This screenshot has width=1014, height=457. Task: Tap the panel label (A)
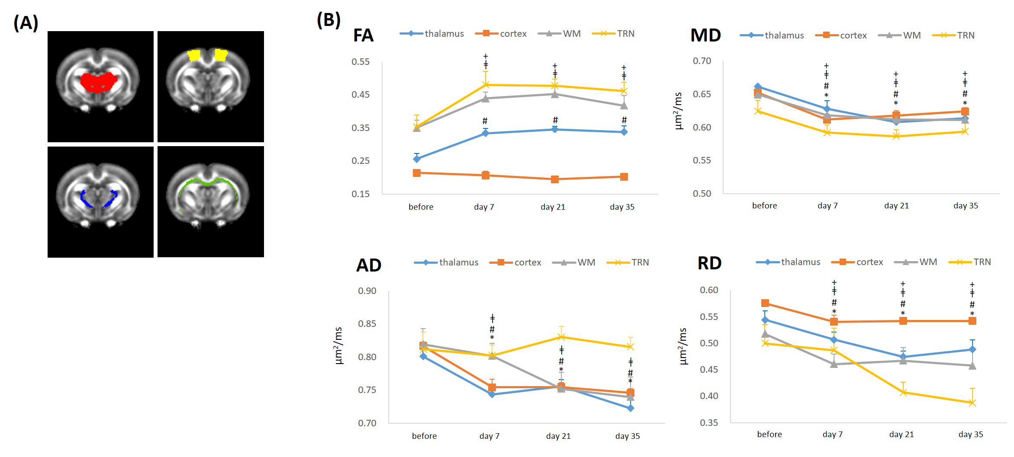click(26, 22)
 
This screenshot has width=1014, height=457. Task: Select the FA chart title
click(363, 35)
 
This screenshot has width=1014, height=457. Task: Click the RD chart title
click(709, 263)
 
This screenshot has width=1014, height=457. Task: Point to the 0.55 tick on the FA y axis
click(361, 62)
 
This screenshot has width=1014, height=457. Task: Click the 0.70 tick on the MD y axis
click(702, 61)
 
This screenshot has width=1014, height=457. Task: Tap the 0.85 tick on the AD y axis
click(367, 324)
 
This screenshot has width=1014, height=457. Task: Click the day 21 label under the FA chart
click(553, 207)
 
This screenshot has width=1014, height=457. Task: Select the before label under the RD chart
click(769, 435)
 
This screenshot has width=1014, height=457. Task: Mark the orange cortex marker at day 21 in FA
click(555, 179)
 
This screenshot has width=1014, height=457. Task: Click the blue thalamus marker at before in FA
click(417, 159)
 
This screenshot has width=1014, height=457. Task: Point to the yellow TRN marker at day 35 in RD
click(972, 403)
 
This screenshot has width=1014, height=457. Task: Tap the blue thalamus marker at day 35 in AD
click(630, 408)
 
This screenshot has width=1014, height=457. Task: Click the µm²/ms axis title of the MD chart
click(678, 111)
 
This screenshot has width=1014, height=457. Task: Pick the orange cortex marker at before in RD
click(765, 303)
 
